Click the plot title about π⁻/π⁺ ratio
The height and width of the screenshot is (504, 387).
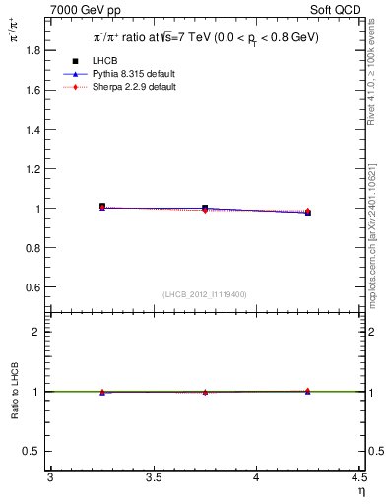(x=206, y=37)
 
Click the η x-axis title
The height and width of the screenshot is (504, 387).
(x=360, y=491)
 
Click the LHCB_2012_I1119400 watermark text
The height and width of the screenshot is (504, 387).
(x=205, y=294)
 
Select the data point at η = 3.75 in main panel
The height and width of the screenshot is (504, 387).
(x=205, y=209)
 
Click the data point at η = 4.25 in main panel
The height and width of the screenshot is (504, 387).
(x=307, y=212)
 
